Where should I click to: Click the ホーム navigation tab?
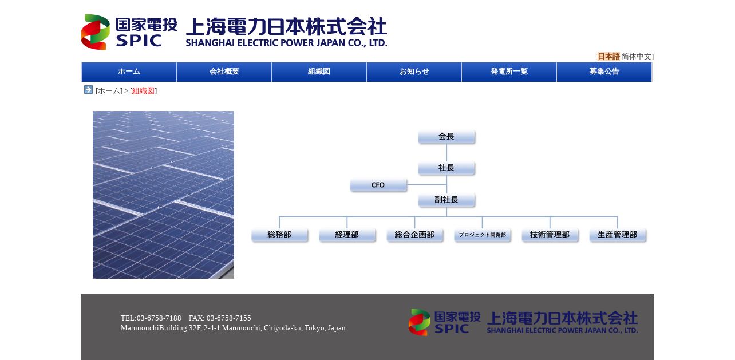point(129,72)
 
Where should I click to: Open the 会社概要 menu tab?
point(224,72)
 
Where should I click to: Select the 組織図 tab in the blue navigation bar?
point(319,72)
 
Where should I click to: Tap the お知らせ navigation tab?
point(414,72)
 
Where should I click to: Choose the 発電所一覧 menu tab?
point(509,72)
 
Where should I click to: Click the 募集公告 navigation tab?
point(604,72)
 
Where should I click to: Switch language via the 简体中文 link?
point(636,57)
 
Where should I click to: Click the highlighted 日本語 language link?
point(608,57)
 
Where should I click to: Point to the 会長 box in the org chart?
point(446,137)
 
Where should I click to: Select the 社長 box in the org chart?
point(446,168)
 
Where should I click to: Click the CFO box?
point(378,185)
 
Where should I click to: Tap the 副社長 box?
point(446,200)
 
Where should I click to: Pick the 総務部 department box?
point(279,235)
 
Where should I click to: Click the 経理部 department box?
point(347,235)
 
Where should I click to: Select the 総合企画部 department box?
point(415,235)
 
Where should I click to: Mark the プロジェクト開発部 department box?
point(483,235)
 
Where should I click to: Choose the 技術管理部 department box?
point(550,235)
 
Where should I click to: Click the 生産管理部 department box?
point(618,235)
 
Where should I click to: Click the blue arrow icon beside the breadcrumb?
point(88,90)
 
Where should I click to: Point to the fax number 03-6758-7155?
point(229,318)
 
